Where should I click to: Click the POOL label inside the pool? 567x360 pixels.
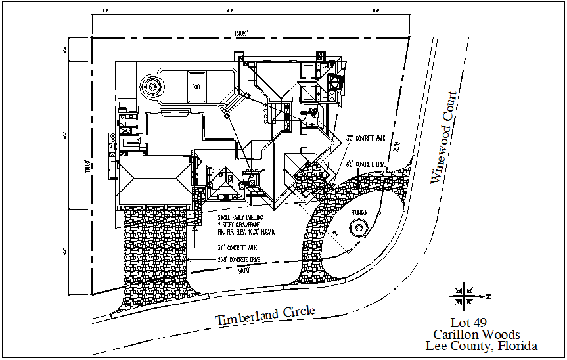(197, 86)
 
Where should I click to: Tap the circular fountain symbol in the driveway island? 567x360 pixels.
(359, 229)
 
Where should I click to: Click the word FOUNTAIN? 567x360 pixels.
(357, 212)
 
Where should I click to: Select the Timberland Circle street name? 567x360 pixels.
(265, 315)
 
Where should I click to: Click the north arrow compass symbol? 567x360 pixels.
(466, 296)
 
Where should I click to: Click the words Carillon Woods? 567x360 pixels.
(476, 334)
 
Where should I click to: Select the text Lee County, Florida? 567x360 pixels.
(481, 346)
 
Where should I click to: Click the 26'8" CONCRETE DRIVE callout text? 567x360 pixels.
(240, 259)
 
